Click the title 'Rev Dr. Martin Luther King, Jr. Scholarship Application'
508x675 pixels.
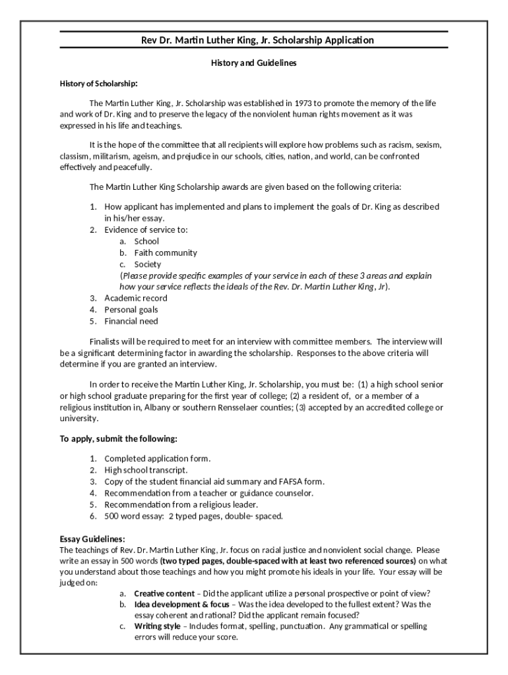[x=258, y=40]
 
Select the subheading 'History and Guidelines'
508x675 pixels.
[x=253, y=63]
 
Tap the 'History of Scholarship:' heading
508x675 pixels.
[x=99, y=84]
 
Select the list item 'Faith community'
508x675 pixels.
[x=166, y=252]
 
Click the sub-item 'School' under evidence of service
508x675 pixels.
[x=146, y=241]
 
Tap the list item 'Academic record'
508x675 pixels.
[x=136, y=298]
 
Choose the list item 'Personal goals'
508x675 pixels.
[x=131, y=310]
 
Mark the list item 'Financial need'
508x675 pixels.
[x=131, y=322]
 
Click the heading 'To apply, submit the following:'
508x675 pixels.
[x=119, y=439]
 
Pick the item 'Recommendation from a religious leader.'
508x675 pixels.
[x=181, y=504]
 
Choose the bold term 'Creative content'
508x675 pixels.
[x=164, y=593]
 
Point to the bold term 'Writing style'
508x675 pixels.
[x=157, y=626]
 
